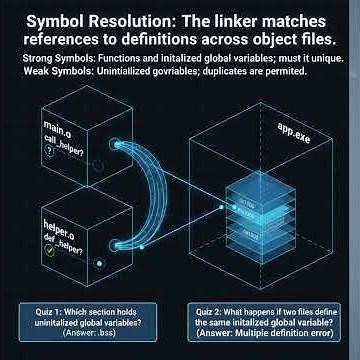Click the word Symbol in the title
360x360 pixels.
[56, 20]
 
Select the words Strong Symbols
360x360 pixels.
[48, 59]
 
